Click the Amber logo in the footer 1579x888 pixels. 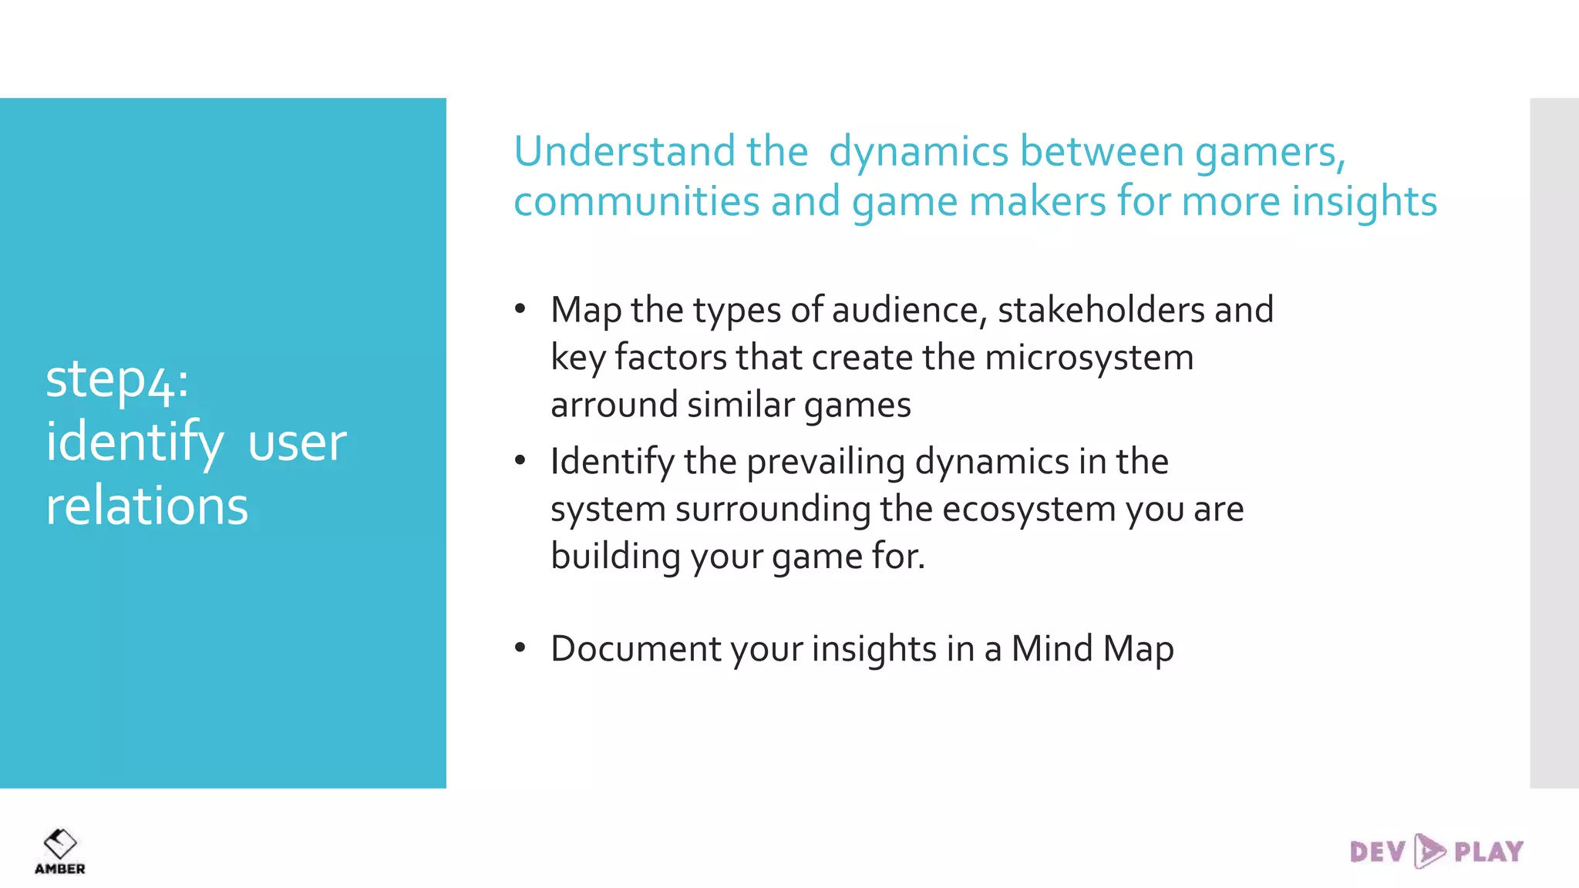(59, 851)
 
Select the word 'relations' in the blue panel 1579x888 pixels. (146, 506)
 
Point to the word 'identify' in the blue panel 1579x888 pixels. (134, 443)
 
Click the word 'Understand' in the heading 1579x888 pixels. (624, 151)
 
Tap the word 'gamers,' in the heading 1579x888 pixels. (1270, 153)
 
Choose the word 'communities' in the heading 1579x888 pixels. (636, 202)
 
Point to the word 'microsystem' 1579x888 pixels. (1089, 358)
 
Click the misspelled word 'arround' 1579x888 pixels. (614, 405)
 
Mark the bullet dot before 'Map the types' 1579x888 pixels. (520, 310)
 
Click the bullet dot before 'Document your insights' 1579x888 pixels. (520, 648)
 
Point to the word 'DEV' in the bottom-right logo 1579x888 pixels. (1378, 852)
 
